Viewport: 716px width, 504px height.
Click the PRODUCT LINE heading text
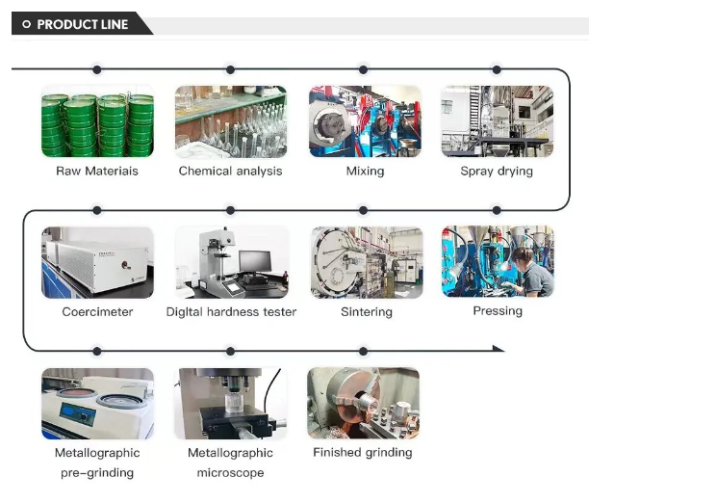coord(82,24)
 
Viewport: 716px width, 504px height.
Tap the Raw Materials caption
coord(97,171)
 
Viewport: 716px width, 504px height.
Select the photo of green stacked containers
coord(97,121)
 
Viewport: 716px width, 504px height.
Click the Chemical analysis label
coord(230,171)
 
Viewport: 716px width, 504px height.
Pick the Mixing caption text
coord(365,171)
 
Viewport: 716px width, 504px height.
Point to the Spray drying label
coord(497,171)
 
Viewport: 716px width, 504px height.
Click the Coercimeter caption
coord(97,312)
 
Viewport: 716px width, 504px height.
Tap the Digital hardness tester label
coord(231,312)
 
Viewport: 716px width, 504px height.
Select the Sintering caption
coord(367,312)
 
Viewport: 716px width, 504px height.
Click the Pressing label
coord(498,311)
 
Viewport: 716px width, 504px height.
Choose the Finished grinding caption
coord(363,452)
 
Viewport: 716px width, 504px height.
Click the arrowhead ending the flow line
coord(499,349)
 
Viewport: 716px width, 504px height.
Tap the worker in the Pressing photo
coord(529,272)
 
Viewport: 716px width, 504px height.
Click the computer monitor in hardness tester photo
coord(255,261)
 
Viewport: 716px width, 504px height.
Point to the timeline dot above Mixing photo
coord(363,69)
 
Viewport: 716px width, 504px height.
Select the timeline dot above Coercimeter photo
coord(97,210)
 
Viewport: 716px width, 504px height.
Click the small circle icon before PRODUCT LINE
coord(27,24)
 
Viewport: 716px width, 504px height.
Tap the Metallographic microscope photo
coord(231,404)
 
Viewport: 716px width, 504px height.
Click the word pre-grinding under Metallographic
coord(97,472)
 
